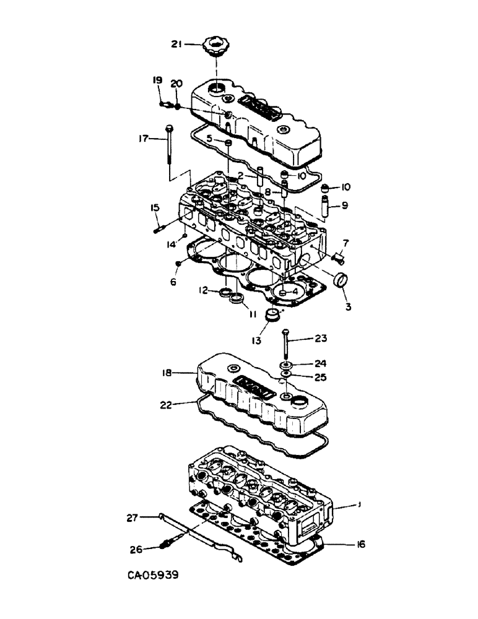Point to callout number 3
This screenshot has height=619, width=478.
coord(349,306)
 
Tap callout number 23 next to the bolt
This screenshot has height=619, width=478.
coord(321,339)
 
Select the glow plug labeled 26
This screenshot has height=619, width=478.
coord(167,547)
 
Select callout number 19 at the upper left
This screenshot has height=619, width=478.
coord(157,80)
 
